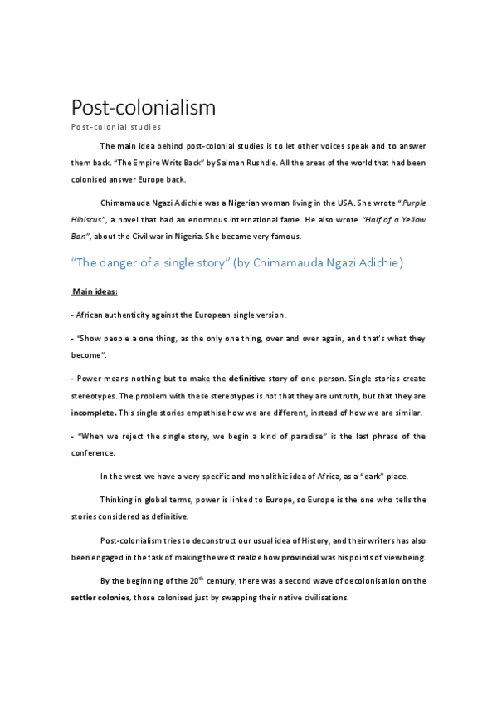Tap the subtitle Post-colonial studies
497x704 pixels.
click(x=115, y=126)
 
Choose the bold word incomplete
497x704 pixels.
click(x=93, y=413)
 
